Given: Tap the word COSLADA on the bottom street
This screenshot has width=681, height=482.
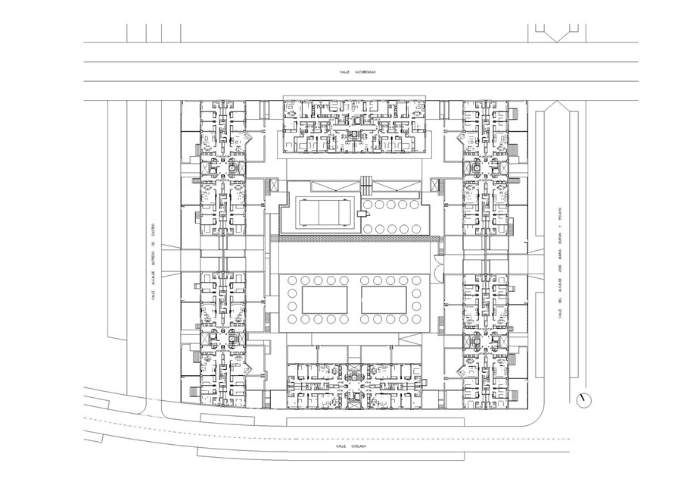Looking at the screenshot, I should (357, 447).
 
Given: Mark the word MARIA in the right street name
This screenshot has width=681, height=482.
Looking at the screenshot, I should (559, 251).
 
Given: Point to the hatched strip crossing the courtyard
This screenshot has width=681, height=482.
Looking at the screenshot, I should (356, 239).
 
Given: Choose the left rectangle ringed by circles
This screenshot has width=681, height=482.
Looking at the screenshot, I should (324, 298).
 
